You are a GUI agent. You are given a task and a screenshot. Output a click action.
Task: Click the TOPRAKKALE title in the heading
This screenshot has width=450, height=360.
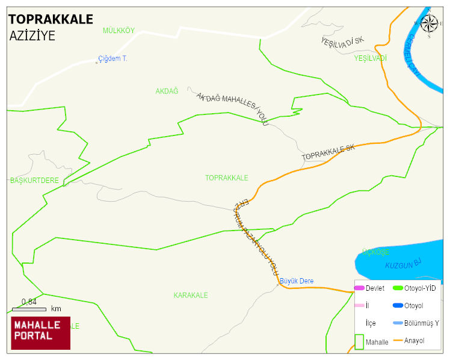(51, 19)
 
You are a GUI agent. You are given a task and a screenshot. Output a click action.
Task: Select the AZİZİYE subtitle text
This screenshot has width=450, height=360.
(32, 36)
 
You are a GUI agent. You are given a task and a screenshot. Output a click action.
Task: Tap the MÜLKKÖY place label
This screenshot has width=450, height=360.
(119, 31)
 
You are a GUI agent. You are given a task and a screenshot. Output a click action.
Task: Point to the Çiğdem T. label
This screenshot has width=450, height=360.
(112, 59)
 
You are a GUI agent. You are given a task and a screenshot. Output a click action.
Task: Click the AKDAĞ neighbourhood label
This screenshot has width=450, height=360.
(167, 91)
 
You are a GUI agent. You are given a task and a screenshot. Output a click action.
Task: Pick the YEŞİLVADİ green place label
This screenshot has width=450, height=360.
(370, 58)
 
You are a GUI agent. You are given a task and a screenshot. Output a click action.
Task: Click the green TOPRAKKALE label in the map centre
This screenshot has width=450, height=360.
(226, 178)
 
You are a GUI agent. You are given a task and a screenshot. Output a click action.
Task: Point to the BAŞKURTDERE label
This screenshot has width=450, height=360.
(34, 181)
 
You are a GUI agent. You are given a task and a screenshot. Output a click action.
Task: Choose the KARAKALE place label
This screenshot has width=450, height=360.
(191, 296)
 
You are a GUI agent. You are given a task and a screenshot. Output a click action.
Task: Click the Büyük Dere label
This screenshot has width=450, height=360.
(296, 281)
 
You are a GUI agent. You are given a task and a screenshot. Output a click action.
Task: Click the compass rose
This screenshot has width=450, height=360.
(429, 24)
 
